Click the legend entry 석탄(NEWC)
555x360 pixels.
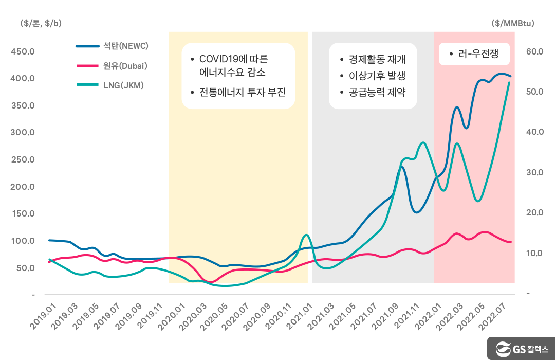coord(125,46)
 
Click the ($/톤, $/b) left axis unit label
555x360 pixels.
coord(41,23)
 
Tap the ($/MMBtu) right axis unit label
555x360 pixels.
coord(512,23)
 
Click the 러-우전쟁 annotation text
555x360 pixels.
coord(478,53)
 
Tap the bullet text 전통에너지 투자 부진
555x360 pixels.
coord(242,93)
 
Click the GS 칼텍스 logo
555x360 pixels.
coord(521,349)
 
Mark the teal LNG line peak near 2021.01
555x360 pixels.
coord(306,235)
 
